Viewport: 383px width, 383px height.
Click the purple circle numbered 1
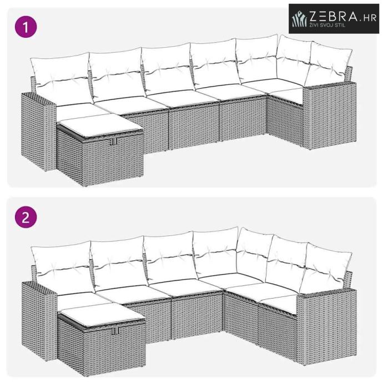click(26, 27)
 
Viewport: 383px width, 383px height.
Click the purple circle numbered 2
click(26, 217)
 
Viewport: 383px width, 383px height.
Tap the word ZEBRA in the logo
click(334, 16)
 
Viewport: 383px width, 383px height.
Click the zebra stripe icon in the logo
click(300, 18)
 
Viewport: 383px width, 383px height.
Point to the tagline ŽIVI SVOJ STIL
click(327, 25)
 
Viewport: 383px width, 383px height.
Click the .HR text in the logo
click(367, 18)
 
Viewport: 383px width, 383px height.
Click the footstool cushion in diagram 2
click(102, 314)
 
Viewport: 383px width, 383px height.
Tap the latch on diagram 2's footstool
click(115, 331)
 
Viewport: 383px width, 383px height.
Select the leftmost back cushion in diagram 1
click(62, 78)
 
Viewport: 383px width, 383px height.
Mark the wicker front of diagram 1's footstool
click(112, 158)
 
